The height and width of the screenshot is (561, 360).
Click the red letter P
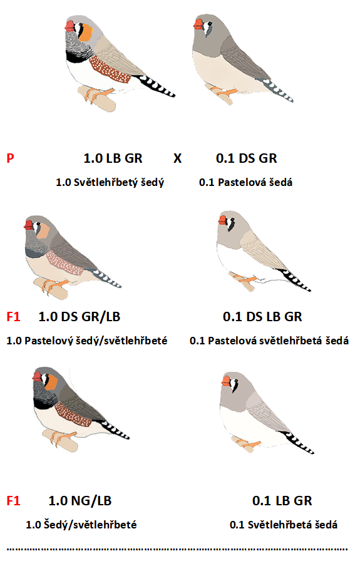click(x=11, y=158)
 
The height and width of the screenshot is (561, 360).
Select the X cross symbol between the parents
click(x=177, y=158)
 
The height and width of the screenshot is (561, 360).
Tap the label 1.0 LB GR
click(x=113, y=158)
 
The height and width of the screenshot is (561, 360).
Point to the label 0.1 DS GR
click(x=247, y=158)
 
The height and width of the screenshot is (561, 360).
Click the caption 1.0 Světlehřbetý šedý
click(x=110, y=182)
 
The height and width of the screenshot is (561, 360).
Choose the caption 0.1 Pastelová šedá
click(x=246, y=182)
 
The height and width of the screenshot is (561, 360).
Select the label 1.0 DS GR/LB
click(x=80, y=317)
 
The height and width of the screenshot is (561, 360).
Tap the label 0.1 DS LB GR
click(x=263, y=317)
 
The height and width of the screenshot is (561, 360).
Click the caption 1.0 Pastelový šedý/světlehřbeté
click(x=87, y=341)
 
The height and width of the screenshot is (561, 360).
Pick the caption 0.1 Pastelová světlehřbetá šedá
click(x=269, y=341)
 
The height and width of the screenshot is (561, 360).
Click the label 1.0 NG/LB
click(x=80, y=500)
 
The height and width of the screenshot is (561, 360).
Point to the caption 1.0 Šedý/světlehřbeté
click(x=81, y=525)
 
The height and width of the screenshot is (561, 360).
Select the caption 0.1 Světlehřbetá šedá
click(x=284, y=525)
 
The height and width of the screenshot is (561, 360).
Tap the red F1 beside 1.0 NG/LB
click(x=13, y=500)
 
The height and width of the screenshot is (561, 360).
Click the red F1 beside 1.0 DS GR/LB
click(x=13, y=317)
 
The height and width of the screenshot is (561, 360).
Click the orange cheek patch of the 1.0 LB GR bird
click(x=86, y=32)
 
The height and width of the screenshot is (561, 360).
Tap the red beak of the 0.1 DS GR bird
click(x=199, y=24)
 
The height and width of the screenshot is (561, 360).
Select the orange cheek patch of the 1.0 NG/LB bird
click(x=51, y=382)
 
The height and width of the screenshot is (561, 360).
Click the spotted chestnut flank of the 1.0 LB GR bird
click(x=109, y=69)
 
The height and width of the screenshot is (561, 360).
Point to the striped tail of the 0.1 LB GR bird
click(x=299, y=443)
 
